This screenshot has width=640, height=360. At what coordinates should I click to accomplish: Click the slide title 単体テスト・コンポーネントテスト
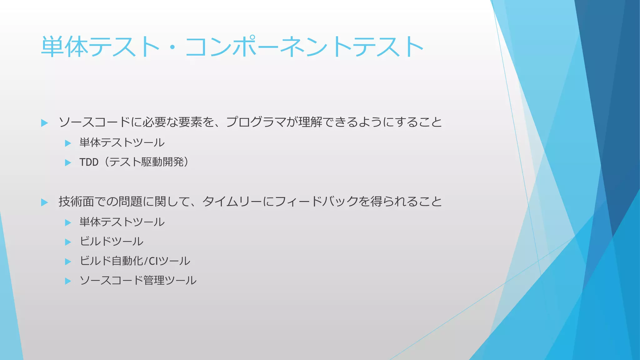[232, 47]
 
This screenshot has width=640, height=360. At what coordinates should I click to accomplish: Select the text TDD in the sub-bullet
[89, 162]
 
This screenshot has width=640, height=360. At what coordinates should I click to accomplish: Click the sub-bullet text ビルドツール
[111, 242]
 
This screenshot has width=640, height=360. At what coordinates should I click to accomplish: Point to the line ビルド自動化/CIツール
[135, 261]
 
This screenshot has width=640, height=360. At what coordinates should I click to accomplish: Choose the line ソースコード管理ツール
[138, 280]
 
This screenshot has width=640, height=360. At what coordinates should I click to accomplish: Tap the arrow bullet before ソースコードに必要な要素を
[44, 123]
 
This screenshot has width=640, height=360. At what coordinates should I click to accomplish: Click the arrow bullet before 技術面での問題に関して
[44, 202]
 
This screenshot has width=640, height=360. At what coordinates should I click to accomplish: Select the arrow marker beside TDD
[68, 162]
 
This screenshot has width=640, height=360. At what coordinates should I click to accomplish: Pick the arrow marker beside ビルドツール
[68, 242]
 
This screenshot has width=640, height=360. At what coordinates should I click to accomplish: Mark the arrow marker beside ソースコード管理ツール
[68, 281]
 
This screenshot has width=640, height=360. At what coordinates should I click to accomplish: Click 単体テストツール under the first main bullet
[122, 143]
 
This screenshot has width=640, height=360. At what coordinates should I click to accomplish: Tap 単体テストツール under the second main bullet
[122, 222]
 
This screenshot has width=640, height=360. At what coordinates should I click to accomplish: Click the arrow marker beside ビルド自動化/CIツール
[68, 262]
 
